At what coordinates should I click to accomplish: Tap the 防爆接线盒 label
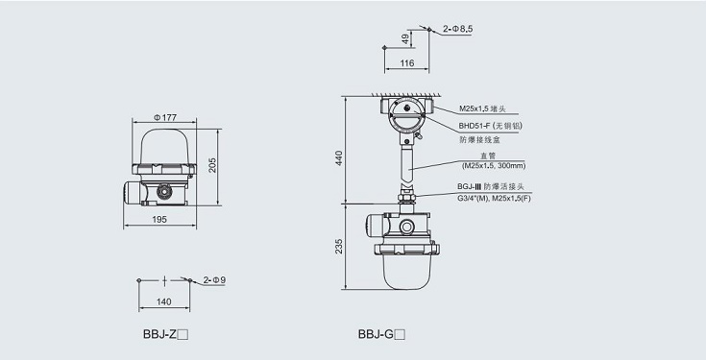coord(479,140)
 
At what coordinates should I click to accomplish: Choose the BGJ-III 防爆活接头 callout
coord(490,186)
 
